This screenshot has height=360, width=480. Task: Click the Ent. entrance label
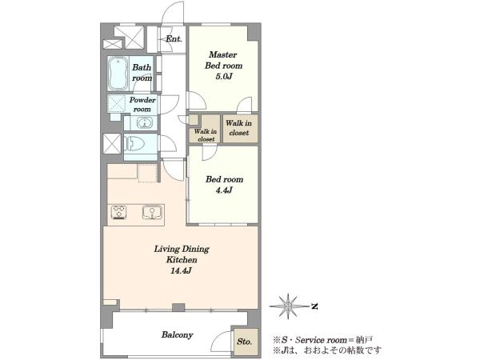click(174, 39)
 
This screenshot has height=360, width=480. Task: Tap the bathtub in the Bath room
click(118, 73)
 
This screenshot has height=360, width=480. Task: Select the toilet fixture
click(134, 143)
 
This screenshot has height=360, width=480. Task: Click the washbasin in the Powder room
click(145, 123)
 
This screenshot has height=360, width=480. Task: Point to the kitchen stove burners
click(119, 212)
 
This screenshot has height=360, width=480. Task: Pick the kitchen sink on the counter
click(152, 213)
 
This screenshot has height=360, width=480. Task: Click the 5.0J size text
click(224, 76)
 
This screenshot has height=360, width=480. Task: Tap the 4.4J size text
click(224, 190)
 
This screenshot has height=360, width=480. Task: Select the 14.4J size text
click(181, 270)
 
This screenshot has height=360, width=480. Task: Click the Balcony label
click(178, 334)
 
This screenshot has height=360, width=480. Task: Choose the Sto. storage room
click(245, 342)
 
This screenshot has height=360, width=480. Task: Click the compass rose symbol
click(288, 306)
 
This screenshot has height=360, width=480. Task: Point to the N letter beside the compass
click(314, 306)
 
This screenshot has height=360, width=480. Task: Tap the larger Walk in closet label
click(238, 128)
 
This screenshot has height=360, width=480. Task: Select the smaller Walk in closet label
click(206, 135)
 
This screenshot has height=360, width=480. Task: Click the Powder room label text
click(142, 104)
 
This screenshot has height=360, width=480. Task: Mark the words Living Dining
click(182, 249)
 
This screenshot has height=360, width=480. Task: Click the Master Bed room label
click(223, 60)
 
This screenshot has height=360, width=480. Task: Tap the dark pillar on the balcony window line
click(178, 307)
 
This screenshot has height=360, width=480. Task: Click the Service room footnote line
click(322, 340)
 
